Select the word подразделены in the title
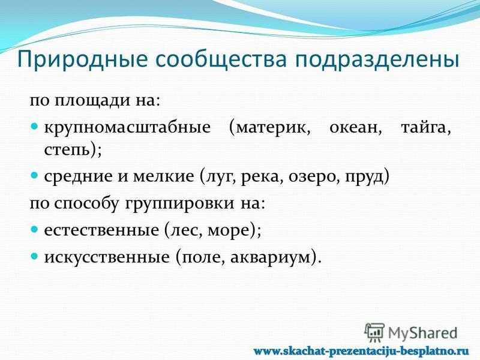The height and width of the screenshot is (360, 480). tap(377, 59)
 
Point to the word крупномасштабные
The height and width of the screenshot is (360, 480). tap(127, 128)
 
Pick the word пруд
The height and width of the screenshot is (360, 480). tap(364, 177)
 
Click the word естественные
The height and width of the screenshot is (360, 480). tap(101, 230)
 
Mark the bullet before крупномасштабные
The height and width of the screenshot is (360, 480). tap(35, 126)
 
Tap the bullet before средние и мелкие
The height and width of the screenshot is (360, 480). tap(35, 175)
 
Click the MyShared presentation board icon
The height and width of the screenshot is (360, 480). tap(374, 332)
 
